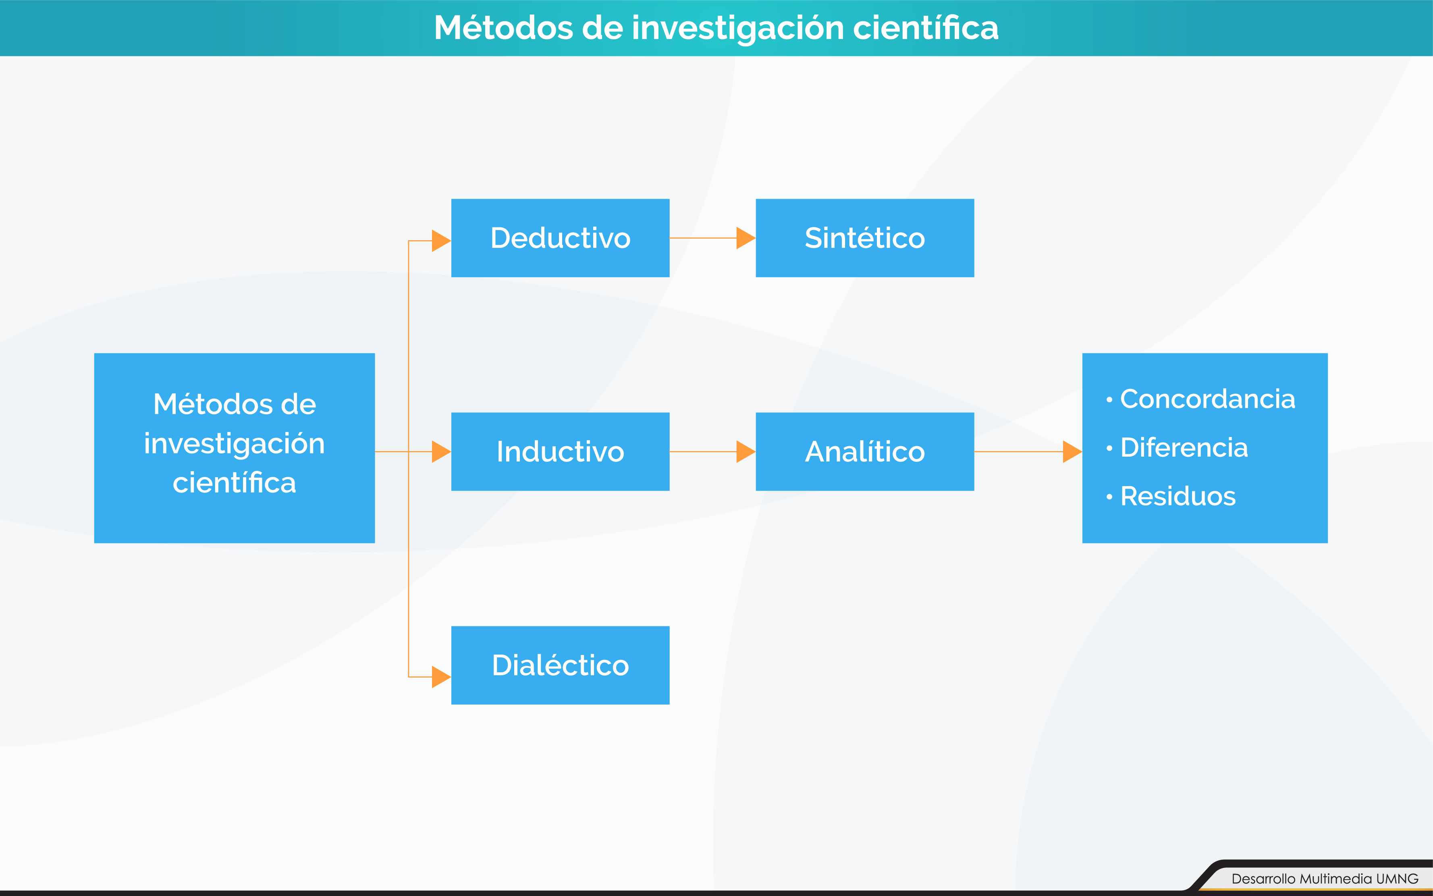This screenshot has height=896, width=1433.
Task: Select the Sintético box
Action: pos(864,238)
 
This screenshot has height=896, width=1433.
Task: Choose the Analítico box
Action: pos(864,451)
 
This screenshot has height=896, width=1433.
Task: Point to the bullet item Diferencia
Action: pos(1184,447)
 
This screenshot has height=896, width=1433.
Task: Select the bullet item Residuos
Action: pos(1178,496)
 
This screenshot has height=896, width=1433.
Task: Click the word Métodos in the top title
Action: pos(504,28)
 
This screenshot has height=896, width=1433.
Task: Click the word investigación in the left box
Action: pos(234,444)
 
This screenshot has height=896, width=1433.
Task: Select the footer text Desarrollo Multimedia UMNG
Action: pos(1325,878)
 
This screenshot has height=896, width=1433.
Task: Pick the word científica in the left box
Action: pos(234,483)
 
